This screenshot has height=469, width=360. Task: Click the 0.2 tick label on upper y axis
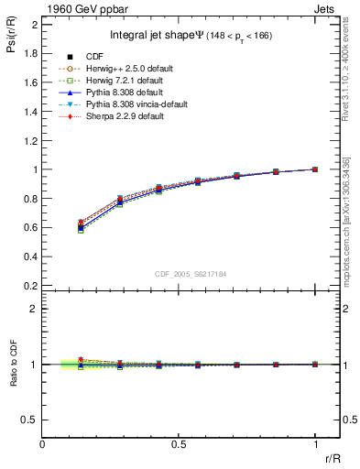pos(32,285)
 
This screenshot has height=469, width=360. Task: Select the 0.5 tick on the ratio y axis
pos(32,420)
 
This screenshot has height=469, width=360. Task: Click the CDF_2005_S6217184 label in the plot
pos(180,273)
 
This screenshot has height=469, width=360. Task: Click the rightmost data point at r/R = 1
pos(314,169)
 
